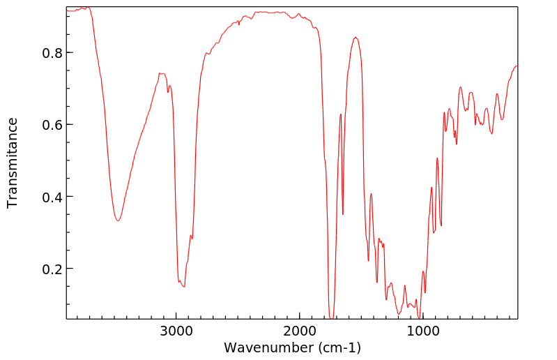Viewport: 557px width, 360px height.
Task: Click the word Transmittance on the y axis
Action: click(13, 163)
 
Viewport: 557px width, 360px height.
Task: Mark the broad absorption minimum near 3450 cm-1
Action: click(119, 221)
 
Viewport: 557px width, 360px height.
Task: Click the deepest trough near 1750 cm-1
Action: click(331, 317)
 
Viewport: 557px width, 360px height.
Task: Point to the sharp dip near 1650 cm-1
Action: click(343, 214)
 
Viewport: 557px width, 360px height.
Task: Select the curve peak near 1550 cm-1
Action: click(356, 38)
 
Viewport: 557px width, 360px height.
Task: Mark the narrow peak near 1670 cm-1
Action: click(340, 114)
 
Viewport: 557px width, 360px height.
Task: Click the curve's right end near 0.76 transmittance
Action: click(517, 66)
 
